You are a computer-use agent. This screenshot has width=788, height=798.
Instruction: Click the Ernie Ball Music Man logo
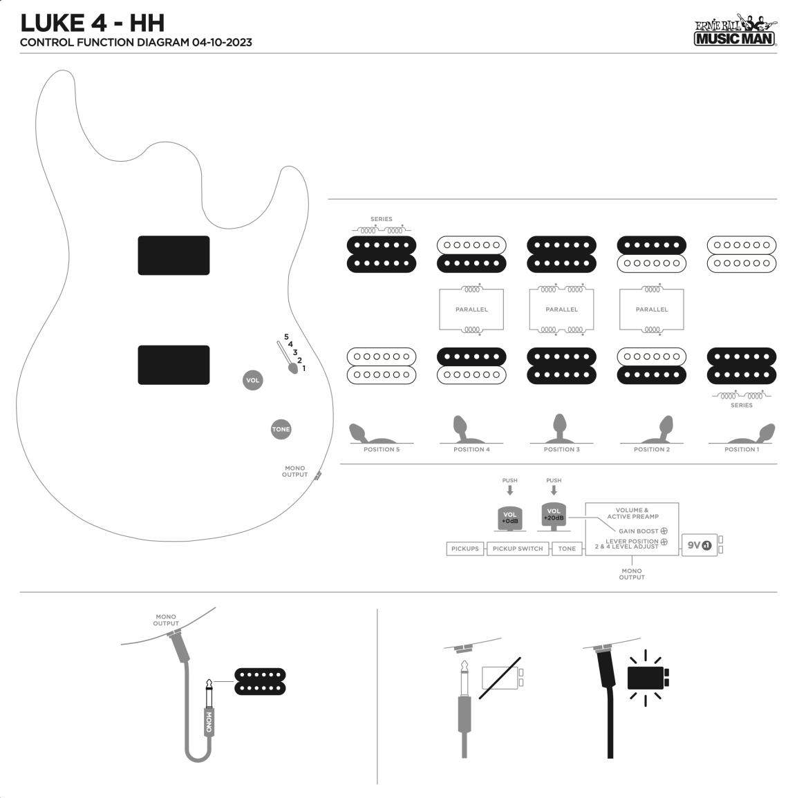pyautogui.click(x=735, y=31)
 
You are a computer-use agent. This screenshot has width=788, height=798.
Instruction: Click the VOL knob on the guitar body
pyautogui.click(x=253, y=380)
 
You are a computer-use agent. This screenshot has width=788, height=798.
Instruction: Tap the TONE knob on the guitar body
pyautogui.click(x=281, y=429)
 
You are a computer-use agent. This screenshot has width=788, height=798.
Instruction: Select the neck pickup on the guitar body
pyautogui.click(x=173, y=256)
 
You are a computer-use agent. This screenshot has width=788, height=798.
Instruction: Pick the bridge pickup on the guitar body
pyautogui.click(x=173, y=365)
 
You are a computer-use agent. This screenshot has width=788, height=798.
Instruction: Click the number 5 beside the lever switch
pyautogui.click(x=286, y=336)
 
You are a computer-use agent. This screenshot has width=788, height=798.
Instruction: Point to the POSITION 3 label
pyautogui.click(x=561, y=449)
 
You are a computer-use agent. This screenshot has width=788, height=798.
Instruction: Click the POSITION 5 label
pyautogui.click(x=382, y=449)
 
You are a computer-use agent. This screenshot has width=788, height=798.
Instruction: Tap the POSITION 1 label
pyautogui.click(x=741, y=449)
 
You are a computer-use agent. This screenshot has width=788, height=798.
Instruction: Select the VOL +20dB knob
pyautogui.click(x=554, y=515)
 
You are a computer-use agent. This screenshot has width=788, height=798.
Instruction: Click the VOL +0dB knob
pyautogui.click(x=509, y=517)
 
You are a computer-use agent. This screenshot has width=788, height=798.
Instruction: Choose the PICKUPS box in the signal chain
pyautogui.click(x=465, y=549)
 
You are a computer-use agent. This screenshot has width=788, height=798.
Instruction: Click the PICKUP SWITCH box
pyautogui.click(x=518, y=549)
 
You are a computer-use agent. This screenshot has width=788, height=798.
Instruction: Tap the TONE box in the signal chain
pyautogui.click(x=567, y=549)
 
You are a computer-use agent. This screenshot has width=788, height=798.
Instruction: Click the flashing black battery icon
pyautogui.click(x=647, y=678)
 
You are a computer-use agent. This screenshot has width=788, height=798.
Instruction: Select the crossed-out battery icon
pyautogui.click(x=501, y=677)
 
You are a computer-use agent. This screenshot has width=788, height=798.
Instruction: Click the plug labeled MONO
pyautogui.click(x=209, y=719)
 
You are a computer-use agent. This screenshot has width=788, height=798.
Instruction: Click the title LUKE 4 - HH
pyautogui.click(x=93, y=23)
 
